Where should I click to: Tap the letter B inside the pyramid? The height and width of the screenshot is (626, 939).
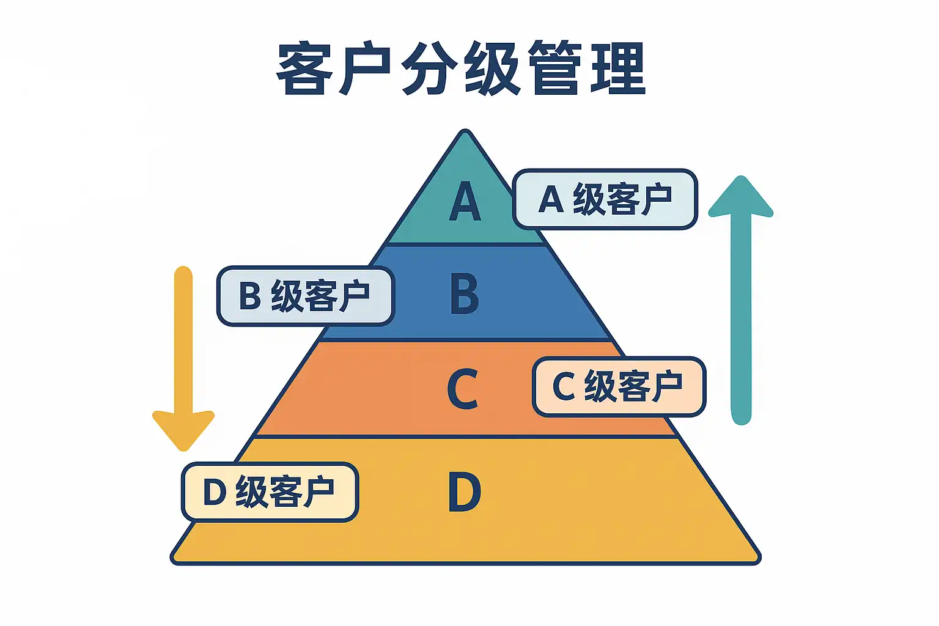click(x=465, y=293)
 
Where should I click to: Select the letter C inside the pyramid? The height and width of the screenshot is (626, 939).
click(x=462, y=388)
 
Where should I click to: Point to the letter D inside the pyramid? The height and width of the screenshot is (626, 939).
click(x=465, y=492)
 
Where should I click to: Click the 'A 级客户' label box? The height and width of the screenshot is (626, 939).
click(x=605, y=199)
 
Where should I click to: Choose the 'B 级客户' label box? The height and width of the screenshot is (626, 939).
click(x=306, y=296)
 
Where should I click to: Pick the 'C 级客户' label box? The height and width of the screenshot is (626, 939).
click(x=619, y=386)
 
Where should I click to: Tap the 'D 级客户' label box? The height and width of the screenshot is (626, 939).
click(x=270, y=492)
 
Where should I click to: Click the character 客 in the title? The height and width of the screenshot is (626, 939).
click(x=304, y=68)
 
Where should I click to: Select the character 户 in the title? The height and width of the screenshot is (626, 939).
click(x=366, y=68)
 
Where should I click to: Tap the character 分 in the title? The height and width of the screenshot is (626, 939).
click(x=430, y=68)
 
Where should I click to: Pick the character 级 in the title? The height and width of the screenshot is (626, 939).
click(x=492, y=68)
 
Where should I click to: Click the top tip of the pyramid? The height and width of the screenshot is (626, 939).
click(x=465, y=132)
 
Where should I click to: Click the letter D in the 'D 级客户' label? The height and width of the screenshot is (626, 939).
click(x=215, y=492)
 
